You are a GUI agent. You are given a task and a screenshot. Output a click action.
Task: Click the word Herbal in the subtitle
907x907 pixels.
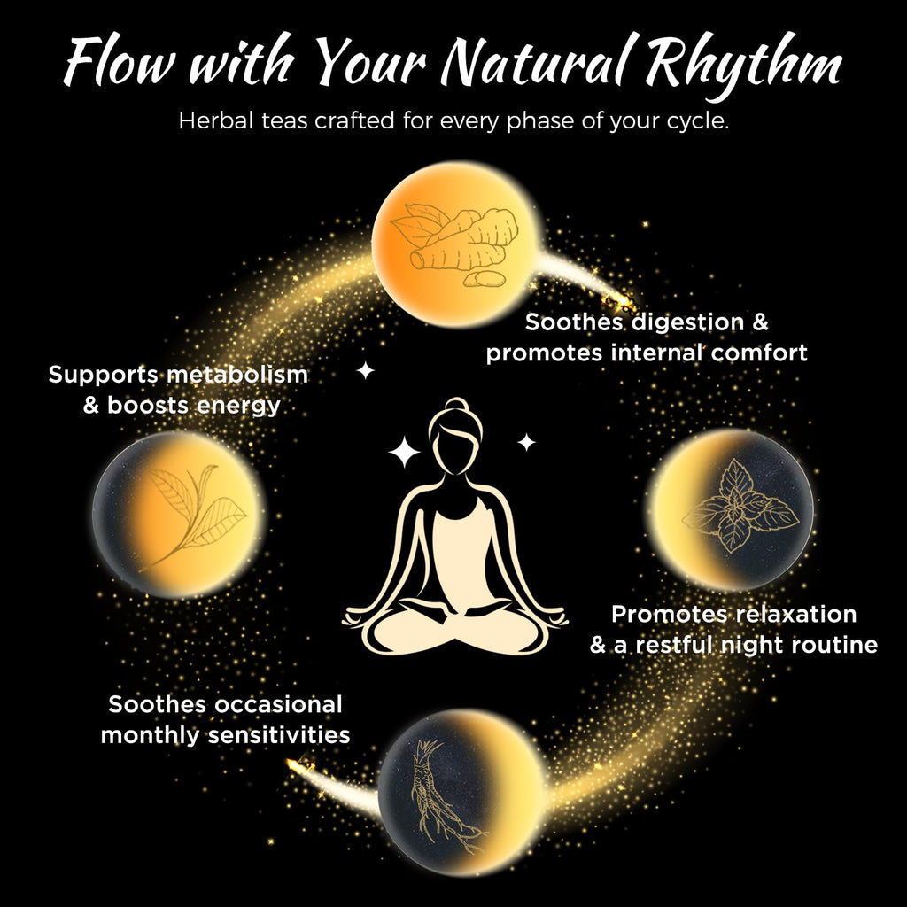[x=214, y=120]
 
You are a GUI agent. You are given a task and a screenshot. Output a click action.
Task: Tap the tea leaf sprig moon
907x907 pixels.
[x=178, y=514]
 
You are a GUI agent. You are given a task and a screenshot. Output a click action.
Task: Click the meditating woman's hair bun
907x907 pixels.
[x=456, y=405]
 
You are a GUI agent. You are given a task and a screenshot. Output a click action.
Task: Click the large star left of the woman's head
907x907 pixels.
[x=404, y=452]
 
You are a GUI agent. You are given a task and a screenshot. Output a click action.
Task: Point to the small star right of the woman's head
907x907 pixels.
[x=526, y=443]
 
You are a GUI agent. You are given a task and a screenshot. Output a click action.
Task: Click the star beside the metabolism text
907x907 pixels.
[x=365, y=370]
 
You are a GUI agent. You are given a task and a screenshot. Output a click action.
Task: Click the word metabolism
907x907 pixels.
[x=237, y=375]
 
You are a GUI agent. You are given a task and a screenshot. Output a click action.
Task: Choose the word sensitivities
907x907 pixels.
[x=279, y=735]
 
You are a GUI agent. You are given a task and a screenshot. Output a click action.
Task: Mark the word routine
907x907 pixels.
[x=834, y=645]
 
